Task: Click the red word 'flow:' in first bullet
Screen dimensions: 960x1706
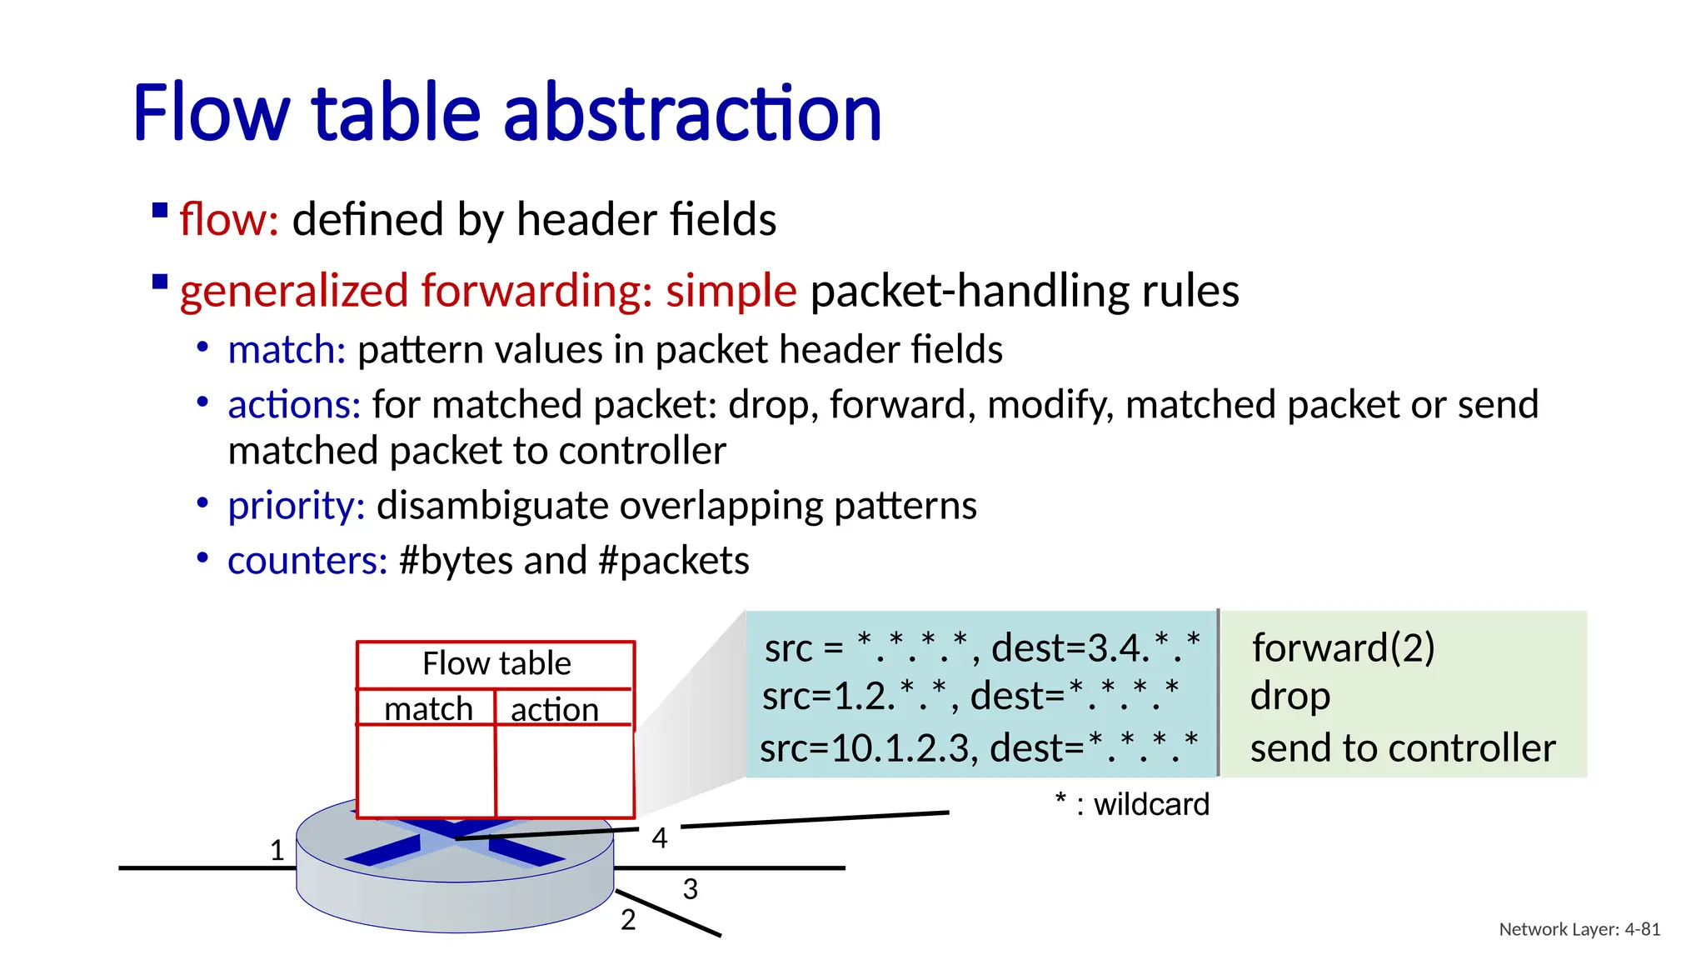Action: click(x=228, y=220)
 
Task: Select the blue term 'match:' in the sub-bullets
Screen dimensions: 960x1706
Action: click(x=287, y=350)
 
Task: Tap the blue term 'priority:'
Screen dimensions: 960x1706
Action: click(x=296, y=506)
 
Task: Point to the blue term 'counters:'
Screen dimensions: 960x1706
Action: click(x=307, y=561)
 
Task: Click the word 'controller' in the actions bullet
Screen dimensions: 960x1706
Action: click(x=641, y=451)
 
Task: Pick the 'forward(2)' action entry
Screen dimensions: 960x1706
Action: click(x=1343, y=647)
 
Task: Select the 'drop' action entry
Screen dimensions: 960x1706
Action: click(x=1289, y=696)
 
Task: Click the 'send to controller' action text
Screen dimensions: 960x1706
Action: click(x=1402, y=747)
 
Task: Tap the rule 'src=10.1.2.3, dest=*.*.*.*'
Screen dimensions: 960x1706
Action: click(x=979, y=747)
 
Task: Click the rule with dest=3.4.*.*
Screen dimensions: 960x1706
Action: click(x=982, y=647)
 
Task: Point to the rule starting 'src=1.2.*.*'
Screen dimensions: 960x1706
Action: click(x=970, y=696)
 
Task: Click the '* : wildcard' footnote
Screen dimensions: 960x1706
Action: click(x=1131, y=804)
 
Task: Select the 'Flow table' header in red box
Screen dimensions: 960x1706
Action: click(x=496, y=663)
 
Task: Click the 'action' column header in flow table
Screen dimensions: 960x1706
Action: click(x=554, y=709)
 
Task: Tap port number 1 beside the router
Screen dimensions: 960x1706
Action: click(x=277, y=850)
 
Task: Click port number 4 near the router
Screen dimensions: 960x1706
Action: click(x=660, y=837)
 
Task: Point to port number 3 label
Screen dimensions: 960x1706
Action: click(x=690, y=889)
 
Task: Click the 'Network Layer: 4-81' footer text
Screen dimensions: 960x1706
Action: click(x=1579, y=929)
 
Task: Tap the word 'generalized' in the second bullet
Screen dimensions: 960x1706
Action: click(x=293, y=291)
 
